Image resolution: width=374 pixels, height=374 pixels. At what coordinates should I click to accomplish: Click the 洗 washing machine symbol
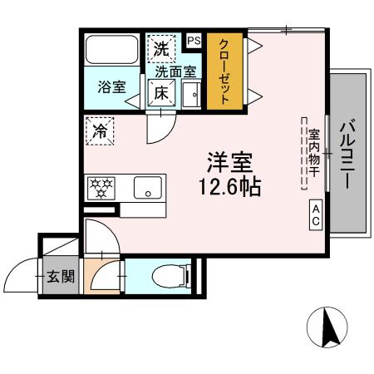(161, 48)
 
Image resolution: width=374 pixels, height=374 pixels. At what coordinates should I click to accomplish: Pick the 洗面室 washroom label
(174, 72)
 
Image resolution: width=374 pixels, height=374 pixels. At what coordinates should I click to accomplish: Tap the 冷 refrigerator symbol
(101, 130)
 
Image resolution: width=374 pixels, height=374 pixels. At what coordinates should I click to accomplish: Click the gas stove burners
(101, 188)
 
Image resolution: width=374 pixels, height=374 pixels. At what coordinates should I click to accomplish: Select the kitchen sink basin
(147, 188)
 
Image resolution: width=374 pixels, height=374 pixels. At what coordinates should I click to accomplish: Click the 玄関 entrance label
(59, 275)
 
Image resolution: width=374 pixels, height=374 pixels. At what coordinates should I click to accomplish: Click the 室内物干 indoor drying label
(314, 155)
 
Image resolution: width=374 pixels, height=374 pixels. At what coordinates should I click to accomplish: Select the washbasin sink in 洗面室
(191, 94)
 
